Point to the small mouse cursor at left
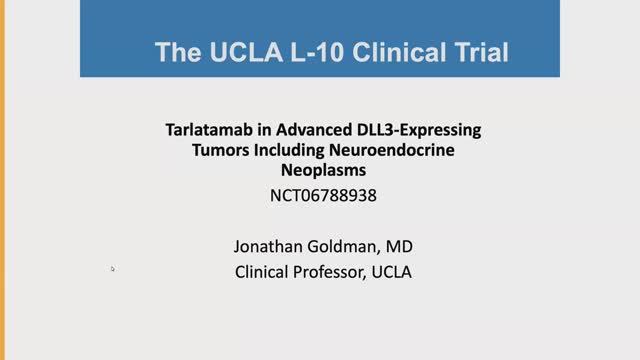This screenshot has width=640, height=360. tap(113, 268)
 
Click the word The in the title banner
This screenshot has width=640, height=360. tap(176, 52)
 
